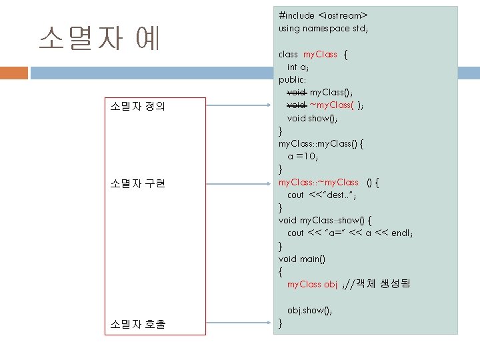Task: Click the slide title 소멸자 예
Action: pos(100,39)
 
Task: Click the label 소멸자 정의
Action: pos(137,105)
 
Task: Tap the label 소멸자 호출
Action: pos(138,325)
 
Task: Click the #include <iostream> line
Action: pos(323,15)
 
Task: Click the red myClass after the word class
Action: pos(320,55)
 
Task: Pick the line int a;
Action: pos(297,67)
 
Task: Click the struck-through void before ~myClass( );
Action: pos(296,105)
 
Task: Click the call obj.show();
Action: pos(309,310)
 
